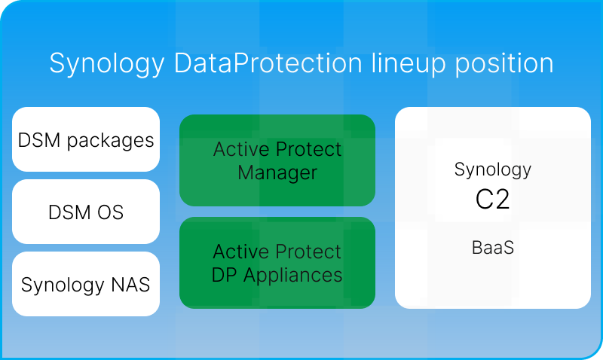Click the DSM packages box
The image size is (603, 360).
pos(86,139)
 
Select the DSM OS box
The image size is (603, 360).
pos(86,212)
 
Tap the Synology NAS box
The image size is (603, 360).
pos(86,284)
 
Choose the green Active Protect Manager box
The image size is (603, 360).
pos(277,160)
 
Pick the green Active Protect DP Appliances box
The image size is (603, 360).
pos(277,263)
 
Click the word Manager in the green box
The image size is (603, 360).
pos(277,172)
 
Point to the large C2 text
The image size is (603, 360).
pos(493,200)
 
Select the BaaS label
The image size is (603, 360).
pos(493,246)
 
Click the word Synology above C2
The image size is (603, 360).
pos(493,169)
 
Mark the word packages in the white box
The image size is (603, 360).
pos(112,140)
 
